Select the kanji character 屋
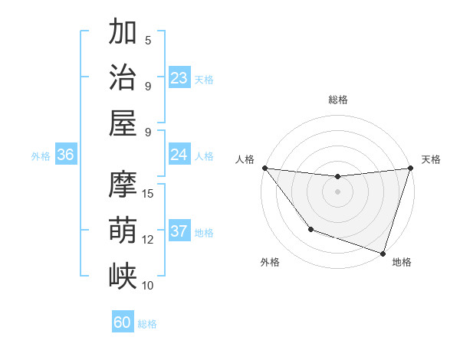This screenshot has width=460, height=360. (x=123, y=122)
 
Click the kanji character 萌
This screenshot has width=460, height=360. (x=123, y=229)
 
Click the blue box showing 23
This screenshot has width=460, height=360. (x=179, y=78)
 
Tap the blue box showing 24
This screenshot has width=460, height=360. (x=179, y=155)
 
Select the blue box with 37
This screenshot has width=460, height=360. (x=179, y=231)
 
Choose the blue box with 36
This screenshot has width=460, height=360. (x=66, y=155)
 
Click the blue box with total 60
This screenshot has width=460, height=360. (x=123, y=322)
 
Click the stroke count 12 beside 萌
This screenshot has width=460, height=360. (x=148, y=239)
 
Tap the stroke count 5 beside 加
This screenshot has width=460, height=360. (x=148, y=40)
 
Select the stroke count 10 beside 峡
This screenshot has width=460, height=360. (x=148, y=285)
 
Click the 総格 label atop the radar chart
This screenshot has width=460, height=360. (x=337, y=100)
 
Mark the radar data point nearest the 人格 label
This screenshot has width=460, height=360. (x=264, y=168)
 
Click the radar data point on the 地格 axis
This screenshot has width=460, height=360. (x=383, y=253)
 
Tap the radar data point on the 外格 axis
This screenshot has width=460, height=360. (x=310, y=228)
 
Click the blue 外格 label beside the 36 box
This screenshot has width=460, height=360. (x=41, y=156)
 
